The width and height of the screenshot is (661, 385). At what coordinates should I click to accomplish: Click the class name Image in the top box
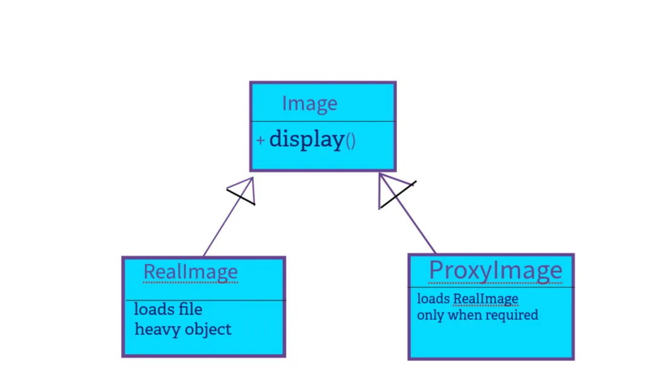pyautogui.click(x=309, y=104)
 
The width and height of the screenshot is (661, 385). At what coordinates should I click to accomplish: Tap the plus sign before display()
pyautogui.click(x=260, y=141)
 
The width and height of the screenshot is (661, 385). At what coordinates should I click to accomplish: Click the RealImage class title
pyautogui.click(x=190, y=272)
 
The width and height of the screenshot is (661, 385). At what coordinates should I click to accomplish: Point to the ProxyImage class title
pyautogui.click(x=495, y=270)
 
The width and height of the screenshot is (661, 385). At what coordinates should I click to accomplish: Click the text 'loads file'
pyautogui.click(x=168, y=310)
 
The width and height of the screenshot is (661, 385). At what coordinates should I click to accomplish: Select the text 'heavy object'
pyautogui.click(x=182, y=329)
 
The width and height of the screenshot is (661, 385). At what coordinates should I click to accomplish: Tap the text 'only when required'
pyautogui.click(x=477, y=315)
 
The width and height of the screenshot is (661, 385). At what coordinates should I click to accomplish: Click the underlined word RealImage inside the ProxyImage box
pyautogui.click(x=486, y=299)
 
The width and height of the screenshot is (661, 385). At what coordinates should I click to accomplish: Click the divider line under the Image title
pyautogui.click(x=323, y=121)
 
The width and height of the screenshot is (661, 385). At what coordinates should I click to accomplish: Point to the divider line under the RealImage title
pyautogui.click(x=204, y=300)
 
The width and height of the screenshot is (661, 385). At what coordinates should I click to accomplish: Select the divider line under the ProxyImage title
pyautogui.click(x=491, y=287)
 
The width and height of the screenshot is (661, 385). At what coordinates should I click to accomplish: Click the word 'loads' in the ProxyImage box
pyautogui.click(x=433, y=299)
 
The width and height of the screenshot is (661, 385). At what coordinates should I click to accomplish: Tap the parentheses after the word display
pyautogui.click(x=350, y=142)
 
